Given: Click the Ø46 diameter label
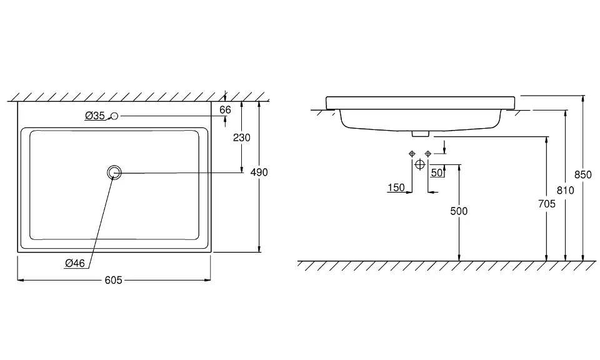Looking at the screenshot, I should tap(75, 263).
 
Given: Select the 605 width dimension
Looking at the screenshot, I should tap(113, 281).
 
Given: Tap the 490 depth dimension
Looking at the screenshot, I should tap(259, 172).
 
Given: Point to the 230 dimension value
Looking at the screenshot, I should tap(241, 137).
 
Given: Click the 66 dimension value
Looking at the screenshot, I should tap(226, 109).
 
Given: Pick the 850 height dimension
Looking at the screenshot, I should tap(583, 175).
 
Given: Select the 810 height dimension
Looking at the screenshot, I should tap(566, 190).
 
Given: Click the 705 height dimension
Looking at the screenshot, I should tap(547, 204).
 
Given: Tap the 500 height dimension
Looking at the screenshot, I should tap(459, 211).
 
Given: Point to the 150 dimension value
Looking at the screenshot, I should tap(396, 187).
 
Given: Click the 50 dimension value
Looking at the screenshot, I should tap(437, 172).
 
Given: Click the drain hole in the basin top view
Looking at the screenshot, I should tap(114, 172).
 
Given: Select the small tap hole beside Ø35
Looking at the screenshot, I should tap(114, 116).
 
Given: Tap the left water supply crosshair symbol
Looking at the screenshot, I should tap(411, 154).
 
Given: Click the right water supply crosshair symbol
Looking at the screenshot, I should tap(427, 154).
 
